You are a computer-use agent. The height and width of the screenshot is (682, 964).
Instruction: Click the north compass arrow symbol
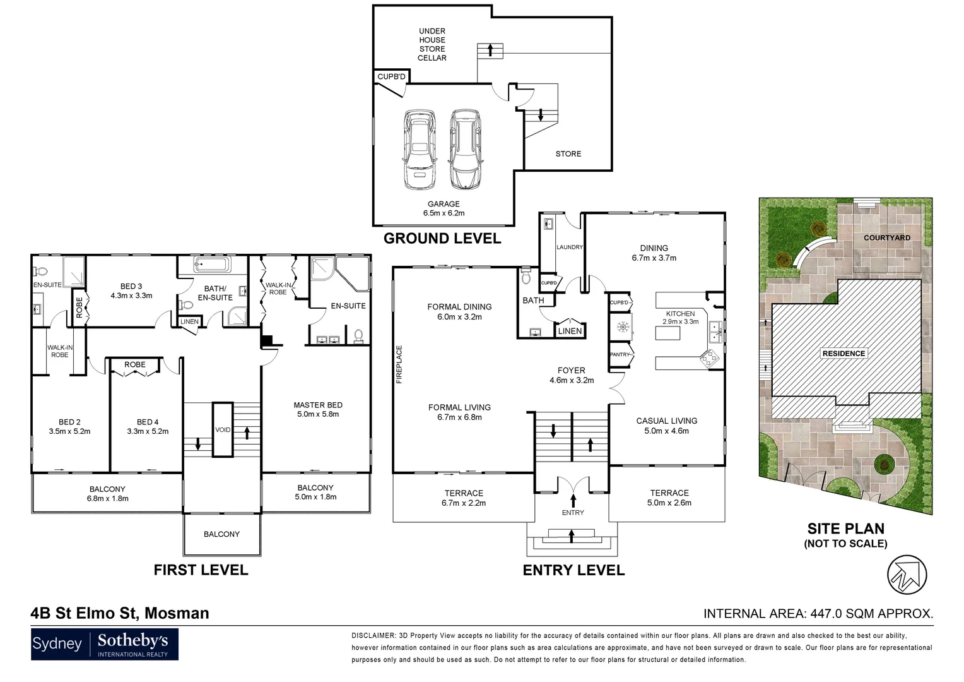907,573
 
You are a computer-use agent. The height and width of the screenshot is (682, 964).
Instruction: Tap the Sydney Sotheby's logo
105,644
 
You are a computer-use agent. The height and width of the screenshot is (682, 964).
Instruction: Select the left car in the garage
418,150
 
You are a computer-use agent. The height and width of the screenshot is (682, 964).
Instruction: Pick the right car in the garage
465,150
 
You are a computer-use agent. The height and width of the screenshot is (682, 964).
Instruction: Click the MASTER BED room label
318,405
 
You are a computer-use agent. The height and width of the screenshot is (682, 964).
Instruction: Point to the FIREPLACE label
399,364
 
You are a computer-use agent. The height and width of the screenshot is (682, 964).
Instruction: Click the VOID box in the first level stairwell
223,429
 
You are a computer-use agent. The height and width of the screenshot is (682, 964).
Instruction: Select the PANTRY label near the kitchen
620,354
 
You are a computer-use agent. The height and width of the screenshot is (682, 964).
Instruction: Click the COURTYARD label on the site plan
886,237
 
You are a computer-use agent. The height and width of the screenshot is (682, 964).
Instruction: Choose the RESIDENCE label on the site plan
843,353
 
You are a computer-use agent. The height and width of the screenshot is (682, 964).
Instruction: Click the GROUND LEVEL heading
442,238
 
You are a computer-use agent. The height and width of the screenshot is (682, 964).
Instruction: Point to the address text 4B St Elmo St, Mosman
120,613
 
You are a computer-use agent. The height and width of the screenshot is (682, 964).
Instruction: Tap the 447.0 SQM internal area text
818,613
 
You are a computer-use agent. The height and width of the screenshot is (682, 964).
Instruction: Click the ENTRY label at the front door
572,512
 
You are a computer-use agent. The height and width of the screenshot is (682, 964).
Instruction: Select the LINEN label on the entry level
570,331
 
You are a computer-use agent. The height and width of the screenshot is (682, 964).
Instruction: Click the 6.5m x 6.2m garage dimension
444,213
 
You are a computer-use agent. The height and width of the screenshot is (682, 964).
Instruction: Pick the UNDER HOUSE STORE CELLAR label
432,44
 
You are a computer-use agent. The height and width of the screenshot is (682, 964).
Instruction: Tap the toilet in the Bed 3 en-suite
40,272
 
